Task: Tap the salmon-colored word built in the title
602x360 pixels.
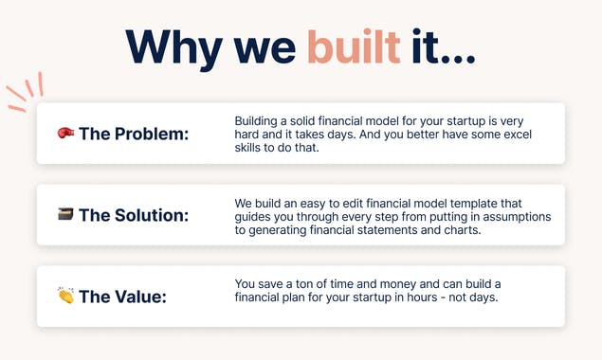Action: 352,46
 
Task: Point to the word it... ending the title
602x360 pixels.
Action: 443,46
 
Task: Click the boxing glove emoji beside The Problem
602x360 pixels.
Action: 66,134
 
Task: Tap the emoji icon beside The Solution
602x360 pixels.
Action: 66,215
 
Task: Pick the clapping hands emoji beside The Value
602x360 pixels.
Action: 66,296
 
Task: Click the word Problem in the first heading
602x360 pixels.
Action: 151,134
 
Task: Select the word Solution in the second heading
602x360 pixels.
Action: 152,215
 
